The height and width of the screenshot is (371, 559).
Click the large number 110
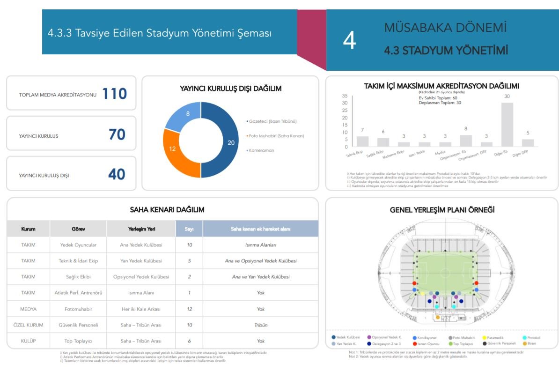115,94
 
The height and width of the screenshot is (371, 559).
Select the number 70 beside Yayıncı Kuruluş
117,135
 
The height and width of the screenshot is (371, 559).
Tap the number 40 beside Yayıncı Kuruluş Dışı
117,175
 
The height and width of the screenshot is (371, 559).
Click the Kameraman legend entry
261,150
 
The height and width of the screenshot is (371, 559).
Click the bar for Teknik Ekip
362,141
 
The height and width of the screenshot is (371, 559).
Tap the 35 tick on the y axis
345,96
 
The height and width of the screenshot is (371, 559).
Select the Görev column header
78,229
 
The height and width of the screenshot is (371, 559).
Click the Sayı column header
189,229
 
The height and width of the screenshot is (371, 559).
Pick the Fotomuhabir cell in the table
78,309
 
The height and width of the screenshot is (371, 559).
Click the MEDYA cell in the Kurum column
28,309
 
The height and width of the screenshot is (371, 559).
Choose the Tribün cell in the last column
261,325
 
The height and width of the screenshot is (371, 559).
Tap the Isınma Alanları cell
261,245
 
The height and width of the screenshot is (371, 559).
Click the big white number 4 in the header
349,41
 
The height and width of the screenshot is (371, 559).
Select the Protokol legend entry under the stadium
531,337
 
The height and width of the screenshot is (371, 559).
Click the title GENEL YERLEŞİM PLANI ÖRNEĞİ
442,210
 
